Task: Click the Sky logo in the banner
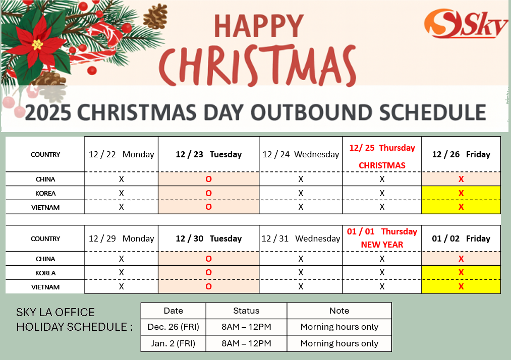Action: click(x=466, y=24)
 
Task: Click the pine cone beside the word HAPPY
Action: click(x=156, y=16)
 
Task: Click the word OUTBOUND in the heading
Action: click(x=312, y=112)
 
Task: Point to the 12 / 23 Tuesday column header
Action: click(x=208, y=154)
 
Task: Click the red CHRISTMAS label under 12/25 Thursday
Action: click(x=382, y=165)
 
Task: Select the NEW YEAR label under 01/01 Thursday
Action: click(x=382, y=245)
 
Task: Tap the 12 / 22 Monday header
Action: click(x=121, y=154)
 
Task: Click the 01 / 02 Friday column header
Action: click(x=461, y=239)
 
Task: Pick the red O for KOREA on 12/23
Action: click(x=208, y=193)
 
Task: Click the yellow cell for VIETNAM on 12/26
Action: click(x=461, y=207)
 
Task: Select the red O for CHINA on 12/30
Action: click(x=208, y=259)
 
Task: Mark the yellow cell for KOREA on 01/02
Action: click(x=461, y=272)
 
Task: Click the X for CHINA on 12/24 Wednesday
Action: click(x=301, y=179)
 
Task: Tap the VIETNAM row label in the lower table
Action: click(x=45, y=287)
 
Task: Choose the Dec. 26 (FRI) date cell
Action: click(x=174, y=327)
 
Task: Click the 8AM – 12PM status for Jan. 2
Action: click(x=246, y=343)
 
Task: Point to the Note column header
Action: click(x=339, y=311)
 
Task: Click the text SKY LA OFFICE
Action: click(x=55, y=312)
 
